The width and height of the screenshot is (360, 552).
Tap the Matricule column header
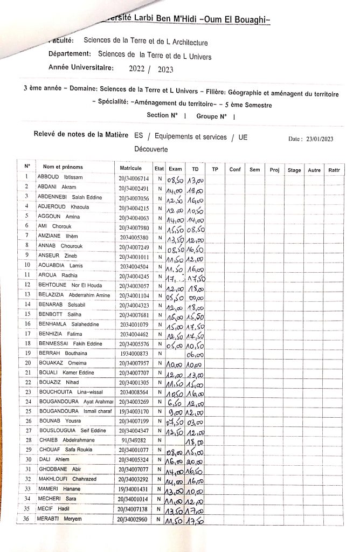tap(131, 169)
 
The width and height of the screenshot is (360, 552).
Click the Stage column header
tap(294, 170)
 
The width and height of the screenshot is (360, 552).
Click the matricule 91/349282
tap(134, 440)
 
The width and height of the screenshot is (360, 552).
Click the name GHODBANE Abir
tap(60, 470)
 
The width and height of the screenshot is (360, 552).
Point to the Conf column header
tap(235, 170)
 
